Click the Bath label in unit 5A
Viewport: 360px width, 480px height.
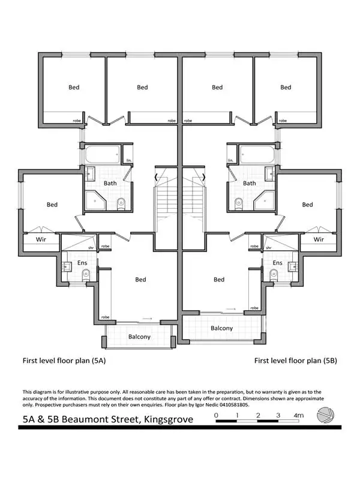coord(110,183)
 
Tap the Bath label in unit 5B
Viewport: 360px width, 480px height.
coord(250,183)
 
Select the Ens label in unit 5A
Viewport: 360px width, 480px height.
coord(82,263)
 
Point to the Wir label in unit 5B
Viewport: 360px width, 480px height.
coord(319,238)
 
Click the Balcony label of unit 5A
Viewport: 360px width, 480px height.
coord(139,337)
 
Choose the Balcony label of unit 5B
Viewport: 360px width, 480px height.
coord(221,328)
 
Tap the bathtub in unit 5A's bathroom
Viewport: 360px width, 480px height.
coord(101,157)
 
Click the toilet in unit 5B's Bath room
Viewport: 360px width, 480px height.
coord(239,202)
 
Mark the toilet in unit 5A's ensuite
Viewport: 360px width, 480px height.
coord(85,275)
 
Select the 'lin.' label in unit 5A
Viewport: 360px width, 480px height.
coord(129,160)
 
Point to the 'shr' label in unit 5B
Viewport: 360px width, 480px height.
coord(268,247)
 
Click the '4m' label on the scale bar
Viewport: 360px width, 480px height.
coord(298,415)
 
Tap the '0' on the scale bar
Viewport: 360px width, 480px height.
coord(216,415)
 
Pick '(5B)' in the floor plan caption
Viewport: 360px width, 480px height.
coord(329,361)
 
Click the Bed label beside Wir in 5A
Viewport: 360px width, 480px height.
coord(52,205)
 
